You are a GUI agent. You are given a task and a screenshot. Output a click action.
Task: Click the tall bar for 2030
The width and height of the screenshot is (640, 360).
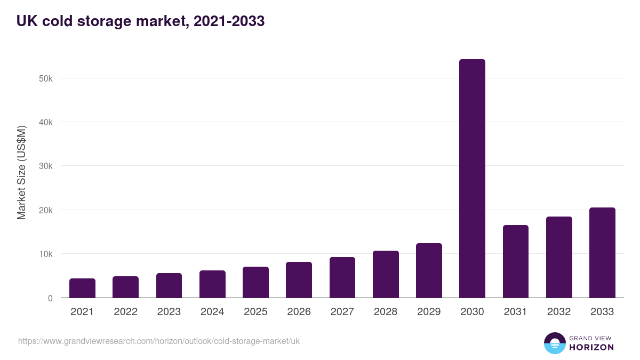tap(472, 179)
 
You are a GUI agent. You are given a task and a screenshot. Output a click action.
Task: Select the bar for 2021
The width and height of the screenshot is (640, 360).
tap(82, 288)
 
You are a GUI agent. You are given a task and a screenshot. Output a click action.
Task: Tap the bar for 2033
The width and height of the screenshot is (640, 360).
tap(602, 253)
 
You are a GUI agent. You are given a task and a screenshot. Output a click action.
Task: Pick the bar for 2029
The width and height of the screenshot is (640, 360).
tap(429, 270)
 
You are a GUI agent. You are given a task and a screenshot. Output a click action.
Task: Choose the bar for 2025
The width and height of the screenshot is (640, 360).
tap(255, 282)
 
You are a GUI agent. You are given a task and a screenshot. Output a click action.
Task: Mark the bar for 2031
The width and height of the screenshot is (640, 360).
tap(515, 261)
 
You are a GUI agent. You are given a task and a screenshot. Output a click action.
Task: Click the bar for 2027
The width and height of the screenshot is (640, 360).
tap(342, 277)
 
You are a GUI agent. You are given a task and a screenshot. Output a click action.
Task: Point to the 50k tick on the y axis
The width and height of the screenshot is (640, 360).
tap(45, 78)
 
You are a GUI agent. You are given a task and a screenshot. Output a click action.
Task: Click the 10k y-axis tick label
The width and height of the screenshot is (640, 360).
tap(45, 254)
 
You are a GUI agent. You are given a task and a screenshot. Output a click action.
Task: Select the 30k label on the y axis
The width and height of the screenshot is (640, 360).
tap(45, 166)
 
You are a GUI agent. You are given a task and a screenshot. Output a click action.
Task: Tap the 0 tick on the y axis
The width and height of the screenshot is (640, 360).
tap(50, 298)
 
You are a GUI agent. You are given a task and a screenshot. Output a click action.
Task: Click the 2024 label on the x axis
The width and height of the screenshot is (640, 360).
tap(212, 312)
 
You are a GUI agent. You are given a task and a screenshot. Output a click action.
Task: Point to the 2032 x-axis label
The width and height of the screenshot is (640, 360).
tap(559, 312)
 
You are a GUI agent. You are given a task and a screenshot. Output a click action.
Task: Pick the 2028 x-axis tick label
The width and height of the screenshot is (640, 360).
tap(386, 312)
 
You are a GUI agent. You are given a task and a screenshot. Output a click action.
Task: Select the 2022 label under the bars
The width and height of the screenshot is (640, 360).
tap(125, 312)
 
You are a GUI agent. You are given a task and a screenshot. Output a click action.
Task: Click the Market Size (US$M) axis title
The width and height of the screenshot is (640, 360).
tap(21, 173)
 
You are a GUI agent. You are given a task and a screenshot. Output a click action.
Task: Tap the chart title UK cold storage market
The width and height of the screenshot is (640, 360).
tap(140, 21)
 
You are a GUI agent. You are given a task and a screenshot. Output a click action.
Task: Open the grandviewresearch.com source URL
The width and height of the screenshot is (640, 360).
tap(159, 341)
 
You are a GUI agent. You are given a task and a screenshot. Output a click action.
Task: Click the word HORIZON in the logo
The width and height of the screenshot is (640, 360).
tap(591, 347)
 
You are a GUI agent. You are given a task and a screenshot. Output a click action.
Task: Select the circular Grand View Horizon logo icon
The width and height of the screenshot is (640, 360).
tap(555, 343)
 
